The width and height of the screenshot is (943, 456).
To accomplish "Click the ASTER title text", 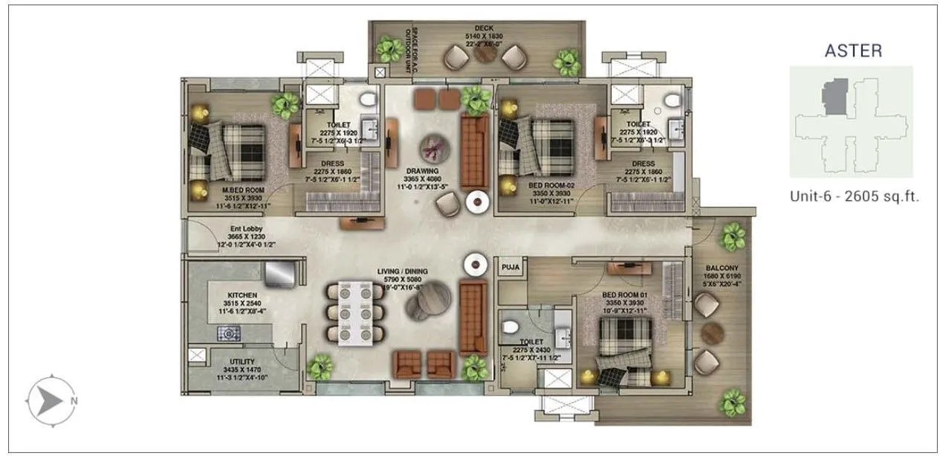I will pos(853,51).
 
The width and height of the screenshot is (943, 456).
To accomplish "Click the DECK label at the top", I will pos(484,28).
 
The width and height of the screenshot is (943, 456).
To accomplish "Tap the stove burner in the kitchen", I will pos(227,333).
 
